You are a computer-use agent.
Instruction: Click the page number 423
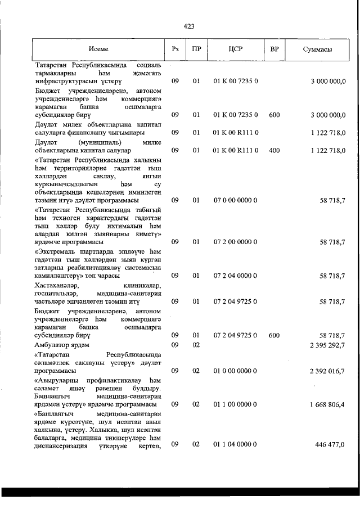(x=189, y=26)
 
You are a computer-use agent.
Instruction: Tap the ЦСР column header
(x=236, y=49)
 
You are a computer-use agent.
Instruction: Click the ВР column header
(x=274, y=49)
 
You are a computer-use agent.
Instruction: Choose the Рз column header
(x=175, y=49)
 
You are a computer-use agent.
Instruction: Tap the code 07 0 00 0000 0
(x=236, y=200)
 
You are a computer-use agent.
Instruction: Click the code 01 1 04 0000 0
(x=236, y=444)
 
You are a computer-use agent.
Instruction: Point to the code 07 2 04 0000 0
(x=236, y=275)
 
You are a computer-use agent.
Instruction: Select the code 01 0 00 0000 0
(x=236, y=371)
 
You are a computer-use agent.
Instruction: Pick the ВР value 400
(x=274, y=151)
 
